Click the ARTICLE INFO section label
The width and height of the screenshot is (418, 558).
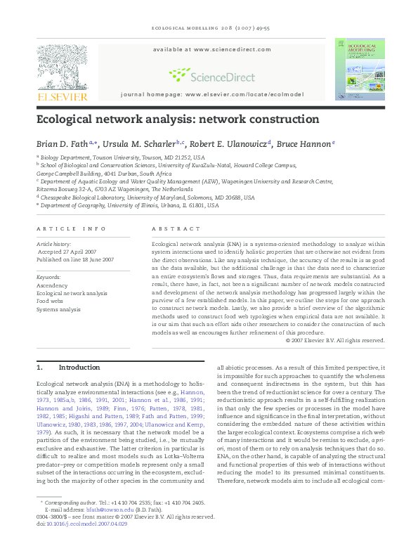66,229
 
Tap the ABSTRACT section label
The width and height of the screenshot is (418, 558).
171,229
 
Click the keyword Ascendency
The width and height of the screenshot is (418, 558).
51,285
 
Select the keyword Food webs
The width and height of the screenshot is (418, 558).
49,301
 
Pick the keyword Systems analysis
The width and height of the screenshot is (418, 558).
58,309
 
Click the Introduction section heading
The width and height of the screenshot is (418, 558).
79,367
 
